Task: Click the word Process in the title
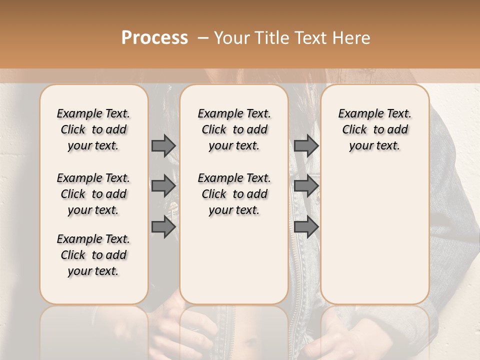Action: click(154, 37)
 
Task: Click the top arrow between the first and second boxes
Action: click(163, 145)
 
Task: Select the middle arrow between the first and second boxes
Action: click(163, 186)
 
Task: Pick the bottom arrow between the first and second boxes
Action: click(163, 227)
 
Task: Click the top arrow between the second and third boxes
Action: click(306, 145)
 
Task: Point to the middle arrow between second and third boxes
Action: click(306, 186)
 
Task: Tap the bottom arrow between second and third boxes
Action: click(306, 227)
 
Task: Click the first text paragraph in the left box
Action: click(93, 129)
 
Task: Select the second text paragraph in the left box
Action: click(93, 194)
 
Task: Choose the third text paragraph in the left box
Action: click(93, 255)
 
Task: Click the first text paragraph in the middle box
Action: click(234, 129)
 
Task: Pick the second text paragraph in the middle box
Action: click(234, 194)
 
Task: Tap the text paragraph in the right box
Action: click(374, 129)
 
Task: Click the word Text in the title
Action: click(311, 37)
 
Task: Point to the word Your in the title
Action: click(230, 37)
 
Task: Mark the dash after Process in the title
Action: click(203, 38)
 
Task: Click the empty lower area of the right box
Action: click(374, 235)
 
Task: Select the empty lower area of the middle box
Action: click(234, 260)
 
